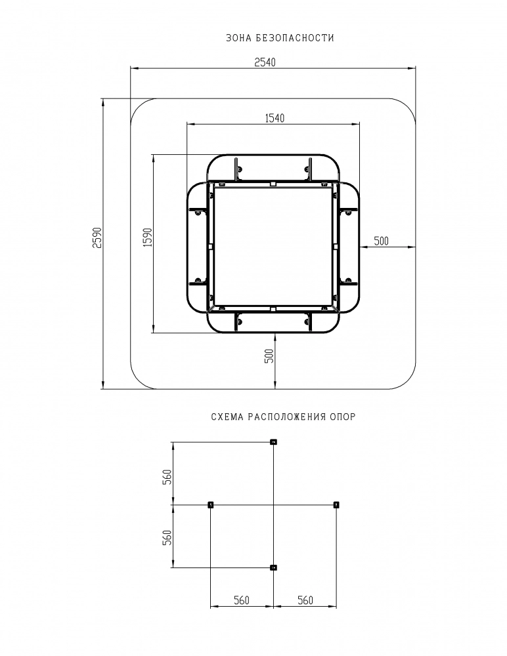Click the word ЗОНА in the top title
point(237,38)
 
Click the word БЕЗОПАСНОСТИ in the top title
point(296,38)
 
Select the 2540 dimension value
point(265,62)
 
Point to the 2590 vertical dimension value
point(97,237)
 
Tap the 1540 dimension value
point(275,118)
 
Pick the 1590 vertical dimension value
point(148,237)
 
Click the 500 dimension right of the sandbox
point(382,241)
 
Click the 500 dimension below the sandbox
point(269,356)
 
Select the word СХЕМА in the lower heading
point(227,417)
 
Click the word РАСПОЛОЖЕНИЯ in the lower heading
point(287,417)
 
